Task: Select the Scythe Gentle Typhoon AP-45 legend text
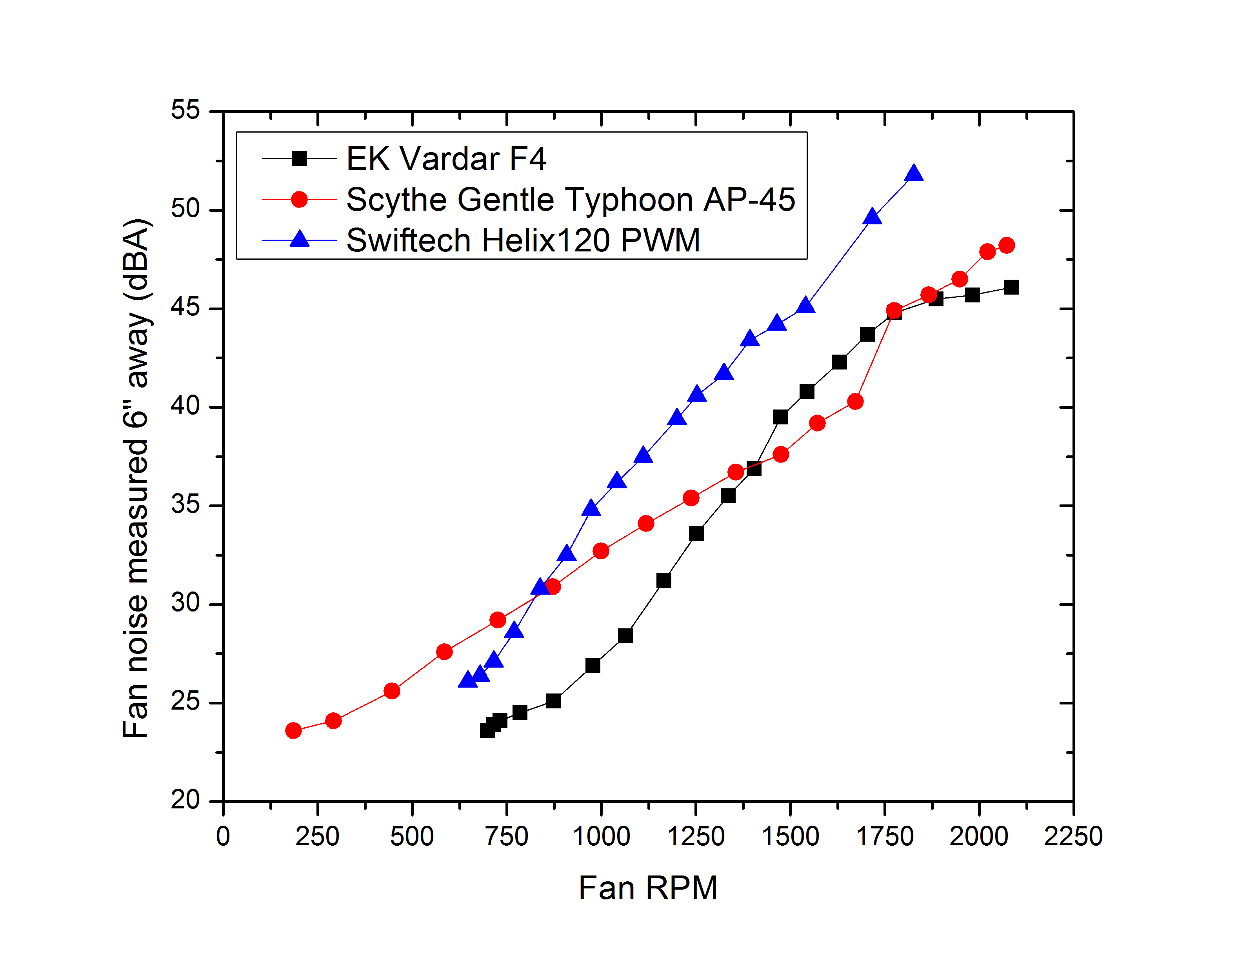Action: pyautogui.click(x=570, y=199)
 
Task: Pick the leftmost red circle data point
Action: pyautogui.click(x=293, y=730)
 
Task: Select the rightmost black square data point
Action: pyautogui.click(x=1011, y=287)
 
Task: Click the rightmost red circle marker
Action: pyautogui.click(x=1007, y=246)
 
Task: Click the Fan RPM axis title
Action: pyautogui.click(x=647, y=888)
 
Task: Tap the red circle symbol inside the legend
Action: pyautogui.click(x=299, y=199)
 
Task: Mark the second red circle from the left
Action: pyautogui.click(x=333, y=721)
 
